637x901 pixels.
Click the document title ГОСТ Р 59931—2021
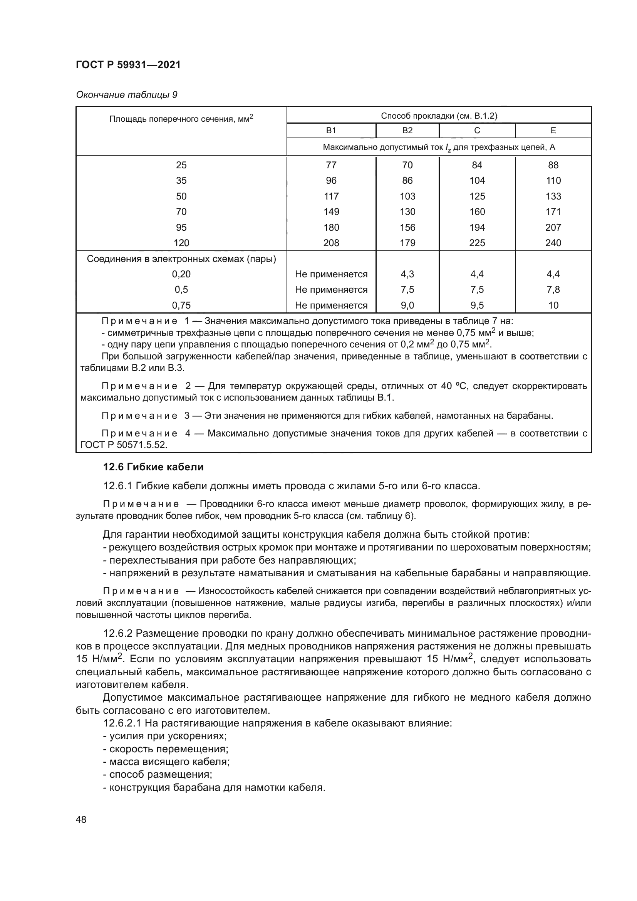click(x=128, y=65)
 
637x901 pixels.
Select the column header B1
click(x=331, y=131)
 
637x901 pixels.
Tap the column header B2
click(x=407, y=131)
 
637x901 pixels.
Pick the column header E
click(x=553, y=131)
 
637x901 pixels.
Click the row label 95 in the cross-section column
click(x=181, y=227)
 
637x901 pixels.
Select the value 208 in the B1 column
click(x=331, y=243)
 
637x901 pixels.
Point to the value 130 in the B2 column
click(x=407, y=211)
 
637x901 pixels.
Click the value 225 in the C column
click(x=477, y=243)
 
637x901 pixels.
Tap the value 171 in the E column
click(x=553, y=211)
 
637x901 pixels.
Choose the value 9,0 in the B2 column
click(x=407, y=305)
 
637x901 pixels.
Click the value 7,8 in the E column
click(x=553, y=290)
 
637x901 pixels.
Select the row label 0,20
click(x=181, y=274)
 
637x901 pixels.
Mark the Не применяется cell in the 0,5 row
click(x=331, y=290)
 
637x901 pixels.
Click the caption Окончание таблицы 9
click(x=127, y=95)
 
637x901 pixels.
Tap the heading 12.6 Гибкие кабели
click(x=153, y=467)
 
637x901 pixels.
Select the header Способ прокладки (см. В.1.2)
click(x=439, y=116)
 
